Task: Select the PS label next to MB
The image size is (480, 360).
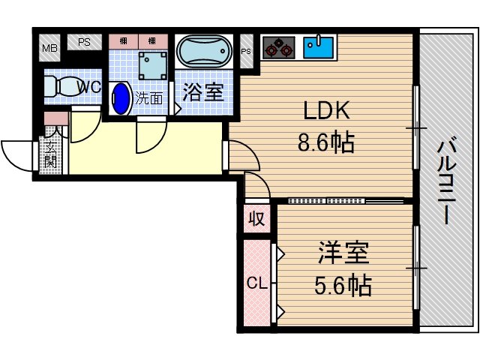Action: point(84,43)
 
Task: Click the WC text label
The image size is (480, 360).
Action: point(90,87)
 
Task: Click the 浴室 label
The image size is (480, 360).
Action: point(202,93)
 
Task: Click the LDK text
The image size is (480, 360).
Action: point(326,111)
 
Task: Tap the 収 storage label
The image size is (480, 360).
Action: point(256,220)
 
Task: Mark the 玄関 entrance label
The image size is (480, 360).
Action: point(51,148)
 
